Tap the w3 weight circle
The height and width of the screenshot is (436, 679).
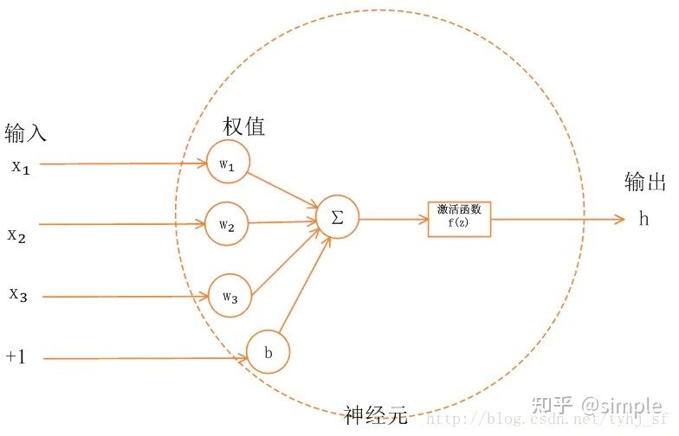click(x=230, y=297)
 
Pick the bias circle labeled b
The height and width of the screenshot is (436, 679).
click(x=268, y=352)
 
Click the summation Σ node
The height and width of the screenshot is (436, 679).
click(x=337, y=218)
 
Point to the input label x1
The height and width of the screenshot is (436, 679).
click(x=21, y=166)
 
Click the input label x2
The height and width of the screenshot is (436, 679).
click(x=17, y=234)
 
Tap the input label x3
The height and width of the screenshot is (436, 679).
click(x=19, y=295)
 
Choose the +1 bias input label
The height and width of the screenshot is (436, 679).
click(x=16, y=356)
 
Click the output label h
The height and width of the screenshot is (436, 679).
click(x=643, y=218)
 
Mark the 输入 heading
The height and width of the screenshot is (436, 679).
click(x=25, y=133)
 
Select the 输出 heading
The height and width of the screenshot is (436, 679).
click(x=644, y=182)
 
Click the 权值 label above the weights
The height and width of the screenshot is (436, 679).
click(x=243, y=127)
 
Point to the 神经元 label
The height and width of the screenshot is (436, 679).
click(x=374, y=415)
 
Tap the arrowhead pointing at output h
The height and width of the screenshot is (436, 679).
click(x=619, y=219)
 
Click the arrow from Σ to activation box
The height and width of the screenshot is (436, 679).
click(x=393, y=219)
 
